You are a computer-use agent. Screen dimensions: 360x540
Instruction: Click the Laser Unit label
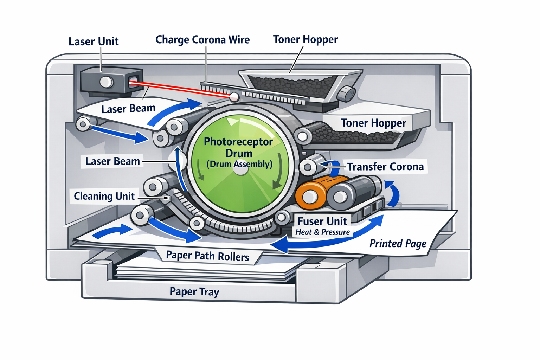(x=94, y=41)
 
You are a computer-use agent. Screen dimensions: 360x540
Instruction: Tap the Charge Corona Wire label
(x=202, y=40)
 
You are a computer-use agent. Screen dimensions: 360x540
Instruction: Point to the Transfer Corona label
(x=385, y=167)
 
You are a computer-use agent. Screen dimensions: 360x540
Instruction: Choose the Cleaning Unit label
(x=104, y=196)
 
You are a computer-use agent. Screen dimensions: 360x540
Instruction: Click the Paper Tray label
(x=194, y=291)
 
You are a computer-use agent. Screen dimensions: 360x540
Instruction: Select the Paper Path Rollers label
(x=207, y=256)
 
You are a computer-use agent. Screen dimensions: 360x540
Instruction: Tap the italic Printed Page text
(x=398, y=243)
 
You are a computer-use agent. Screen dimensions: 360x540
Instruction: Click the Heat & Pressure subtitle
(x=322, y=232)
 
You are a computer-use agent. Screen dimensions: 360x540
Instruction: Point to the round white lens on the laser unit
(x=106, y=82)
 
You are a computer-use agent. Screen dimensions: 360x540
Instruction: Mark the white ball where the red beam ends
(x=234, y=97)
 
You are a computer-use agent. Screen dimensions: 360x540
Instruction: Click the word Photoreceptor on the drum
(x=238, y=142)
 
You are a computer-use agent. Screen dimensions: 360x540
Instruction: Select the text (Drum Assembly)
(x=239, y=164)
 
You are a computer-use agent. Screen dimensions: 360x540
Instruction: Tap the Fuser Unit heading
(x=322, y=221)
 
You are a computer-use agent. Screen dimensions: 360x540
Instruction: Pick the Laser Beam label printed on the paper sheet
(x=128, y=109)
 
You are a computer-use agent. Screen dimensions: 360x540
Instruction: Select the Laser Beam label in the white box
(x=112, y=161)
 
